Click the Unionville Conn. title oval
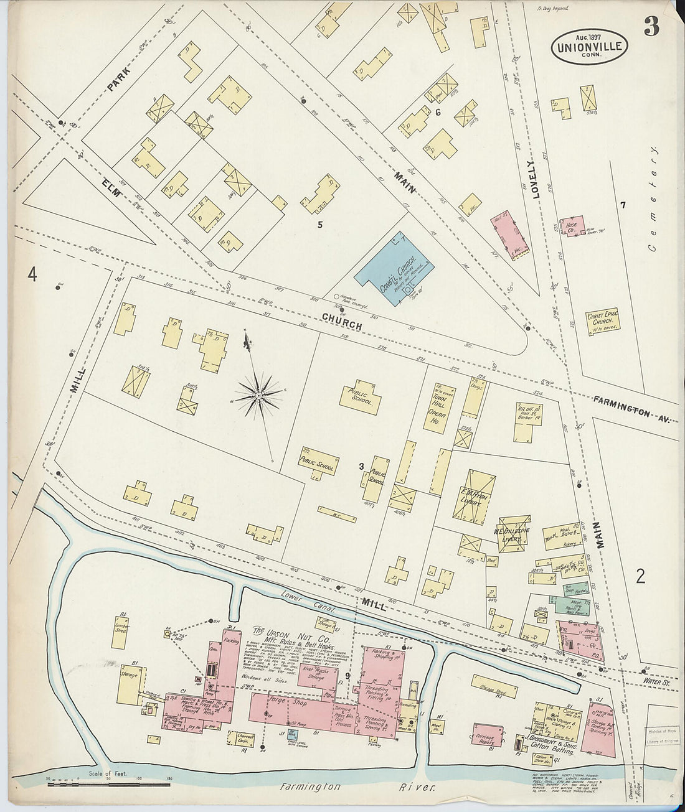coord(589,47)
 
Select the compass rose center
coord(257,395)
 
